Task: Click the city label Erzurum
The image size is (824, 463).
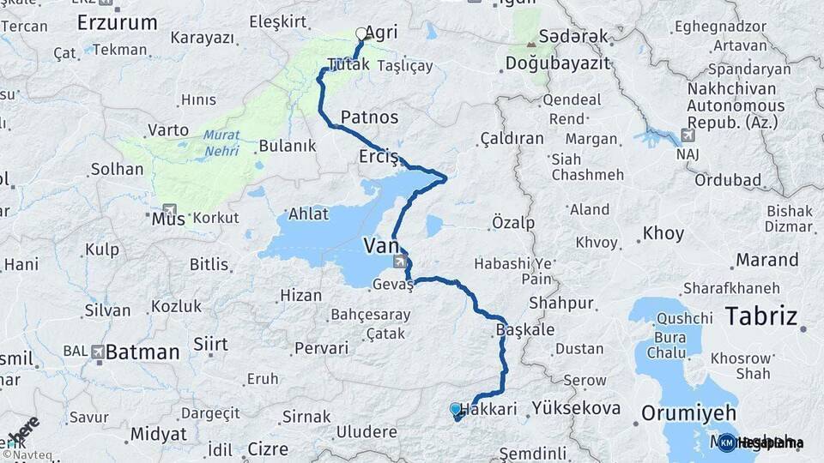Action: pos(117,22)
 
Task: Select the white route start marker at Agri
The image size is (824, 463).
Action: pos(360,34)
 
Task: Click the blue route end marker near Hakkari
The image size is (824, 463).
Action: pos(455,410)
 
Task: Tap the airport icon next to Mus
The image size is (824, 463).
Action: pos(168,209)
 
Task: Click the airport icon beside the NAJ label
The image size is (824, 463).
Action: pos(688,135)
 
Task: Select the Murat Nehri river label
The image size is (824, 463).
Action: pos(222,143)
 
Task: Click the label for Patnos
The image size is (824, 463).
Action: pos(369,117)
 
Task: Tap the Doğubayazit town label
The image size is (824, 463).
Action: pos(557,63)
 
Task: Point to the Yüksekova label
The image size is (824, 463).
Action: pos(575,408)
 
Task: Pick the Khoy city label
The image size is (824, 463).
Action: pos(663,233)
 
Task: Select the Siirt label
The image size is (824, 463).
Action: pos(210,345)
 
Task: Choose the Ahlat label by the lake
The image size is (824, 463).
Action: pos(307,214)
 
